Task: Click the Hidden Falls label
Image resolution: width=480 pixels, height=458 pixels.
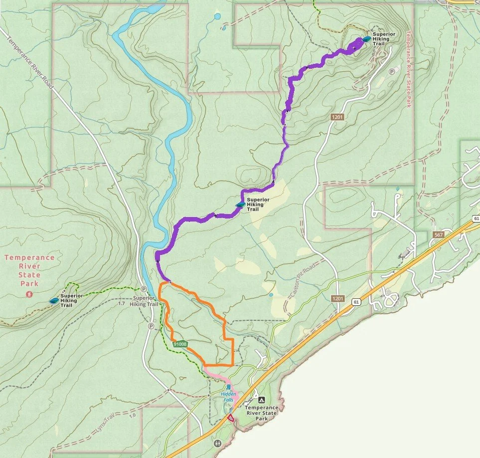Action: (x=228, y=394)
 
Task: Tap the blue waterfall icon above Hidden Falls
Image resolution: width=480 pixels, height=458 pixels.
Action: (x=228, y=387)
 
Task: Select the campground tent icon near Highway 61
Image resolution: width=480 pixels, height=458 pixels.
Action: (x=261, y=400)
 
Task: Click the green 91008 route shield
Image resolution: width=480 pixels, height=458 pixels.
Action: (x=180, y=344)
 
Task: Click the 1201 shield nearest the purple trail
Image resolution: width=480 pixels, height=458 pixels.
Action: (x=337, y=116)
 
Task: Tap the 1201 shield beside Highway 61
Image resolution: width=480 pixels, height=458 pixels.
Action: (x=337, y=298)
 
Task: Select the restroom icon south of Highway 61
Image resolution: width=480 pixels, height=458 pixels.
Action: (x=217, y=443)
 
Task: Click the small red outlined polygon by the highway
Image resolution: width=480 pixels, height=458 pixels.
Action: (x=230, y=418)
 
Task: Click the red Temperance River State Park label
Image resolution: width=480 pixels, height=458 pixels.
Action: (x=29, y=270)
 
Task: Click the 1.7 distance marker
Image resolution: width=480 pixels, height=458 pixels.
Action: (x=121, y=303)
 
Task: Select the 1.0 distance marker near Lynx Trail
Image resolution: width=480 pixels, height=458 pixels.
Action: (x=132, y=416)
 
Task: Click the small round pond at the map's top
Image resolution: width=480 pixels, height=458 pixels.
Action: (x=217, y=16)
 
